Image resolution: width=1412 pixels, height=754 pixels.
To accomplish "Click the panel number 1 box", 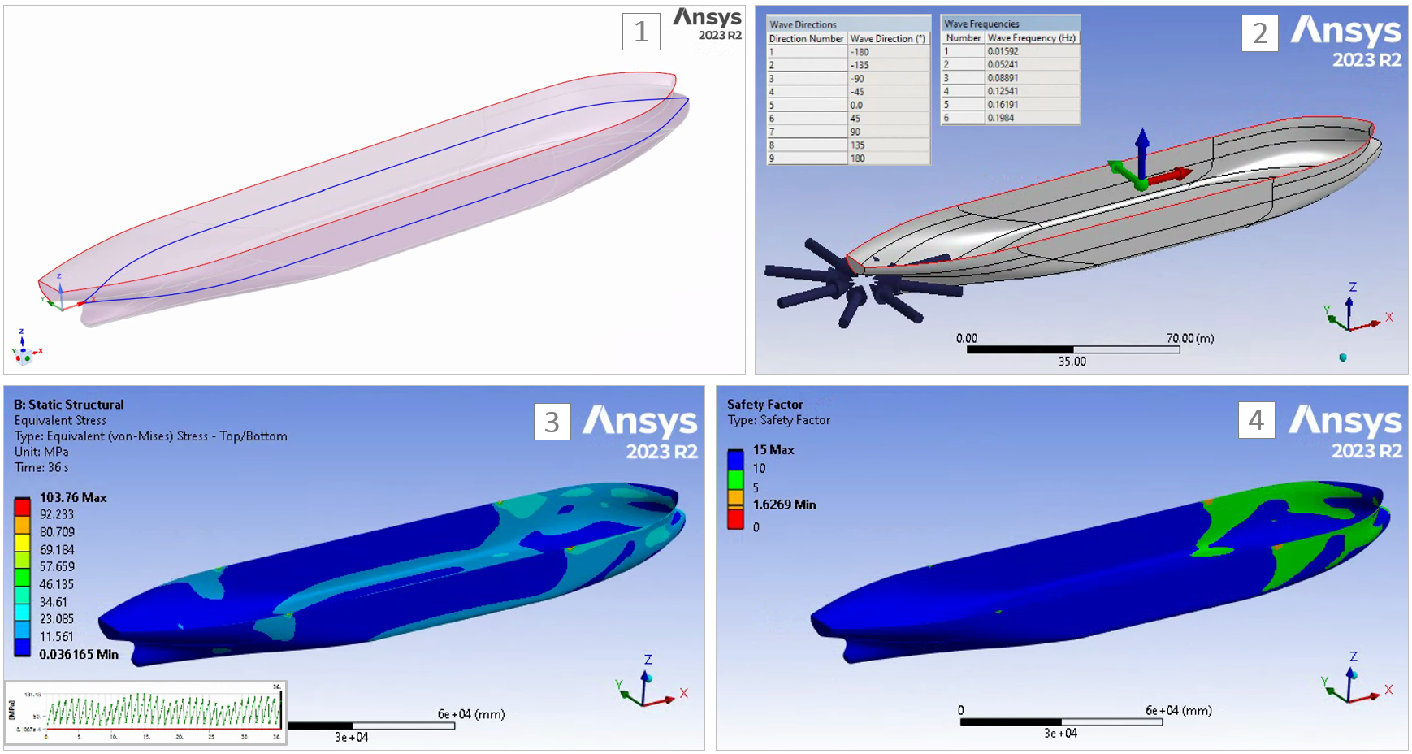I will tap(641, 32).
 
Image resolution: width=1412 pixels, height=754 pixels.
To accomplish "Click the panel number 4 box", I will tap(1256, 420).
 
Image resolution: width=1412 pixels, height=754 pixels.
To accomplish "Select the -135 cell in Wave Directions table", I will tap(888, 65).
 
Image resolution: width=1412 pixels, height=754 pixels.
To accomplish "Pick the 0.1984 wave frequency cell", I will tap(1032, 118).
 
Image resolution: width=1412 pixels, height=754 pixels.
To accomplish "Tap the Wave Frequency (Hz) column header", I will tap(1032, 37).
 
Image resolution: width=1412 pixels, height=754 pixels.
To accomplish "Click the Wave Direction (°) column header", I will tap(888, 38).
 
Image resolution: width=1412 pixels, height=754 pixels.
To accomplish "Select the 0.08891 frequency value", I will tap(1032, 78).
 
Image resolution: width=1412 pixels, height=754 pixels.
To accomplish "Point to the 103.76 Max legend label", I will tap(73, 497).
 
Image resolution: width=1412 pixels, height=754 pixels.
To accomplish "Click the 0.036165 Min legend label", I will tap(79, 654).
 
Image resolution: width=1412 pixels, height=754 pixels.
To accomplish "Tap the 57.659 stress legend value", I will tap(57, 567).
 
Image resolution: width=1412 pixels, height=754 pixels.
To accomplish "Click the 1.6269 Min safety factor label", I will tap(784, 505).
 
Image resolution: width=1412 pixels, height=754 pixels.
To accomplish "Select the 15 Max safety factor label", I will tap(773, 449).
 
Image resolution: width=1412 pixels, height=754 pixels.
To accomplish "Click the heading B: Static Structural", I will tap(69, 405).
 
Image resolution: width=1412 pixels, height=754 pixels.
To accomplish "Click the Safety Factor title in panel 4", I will tap(764, 404).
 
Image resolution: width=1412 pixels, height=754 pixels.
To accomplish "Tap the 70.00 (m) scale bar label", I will tap(1190, 338).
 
